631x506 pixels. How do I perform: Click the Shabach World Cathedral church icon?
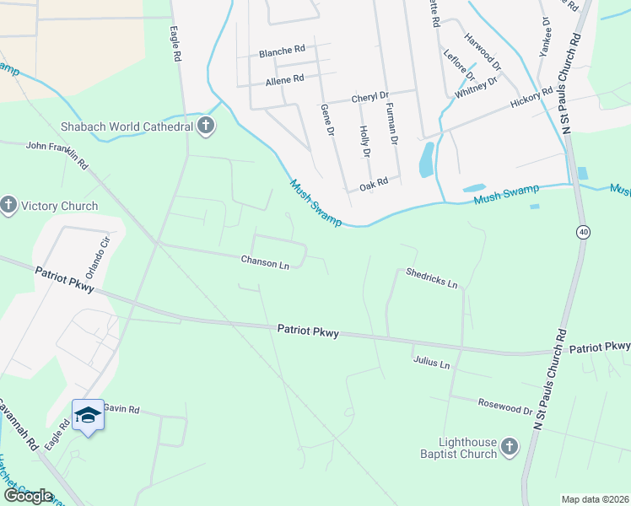pos(205,126)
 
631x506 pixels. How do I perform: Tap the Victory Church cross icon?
pos(8,206)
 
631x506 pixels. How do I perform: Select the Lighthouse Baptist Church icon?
pos(509,447)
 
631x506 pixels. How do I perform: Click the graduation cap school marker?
pos(88,415)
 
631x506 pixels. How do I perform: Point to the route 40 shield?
pos(583,231)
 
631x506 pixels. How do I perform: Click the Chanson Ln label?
pos(265,262)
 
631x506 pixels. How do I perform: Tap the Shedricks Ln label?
pos(431,278)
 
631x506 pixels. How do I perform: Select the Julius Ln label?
pos(432,363)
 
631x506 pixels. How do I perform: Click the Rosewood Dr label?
pos(504,407)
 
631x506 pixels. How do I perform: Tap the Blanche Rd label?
pos(282,51)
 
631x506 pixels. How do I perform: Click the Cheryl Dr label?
pos(369,97)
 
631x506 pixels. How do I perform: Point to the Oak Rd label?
pos(373,181)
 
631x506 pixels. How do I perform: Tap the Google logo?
pos(27,496)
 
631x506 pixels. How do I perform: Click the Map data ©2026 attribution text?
pos(595,499)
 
